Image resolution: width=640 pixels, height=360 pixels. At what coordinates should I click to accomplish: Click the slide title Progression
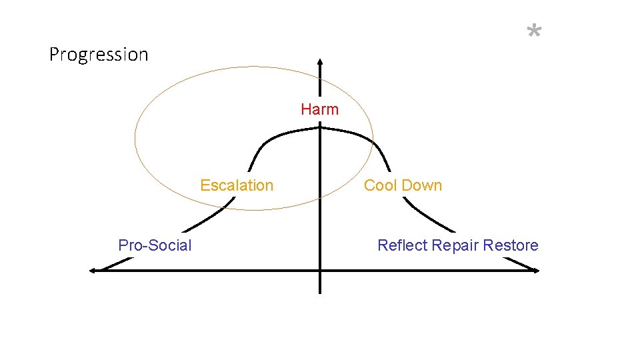(99, 54)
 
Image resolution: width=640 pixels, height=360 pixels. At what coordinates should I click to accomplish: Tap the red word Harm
(319, 109)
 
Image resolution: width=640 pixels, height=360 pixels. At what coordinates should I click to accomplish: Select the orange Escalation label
(237, 185)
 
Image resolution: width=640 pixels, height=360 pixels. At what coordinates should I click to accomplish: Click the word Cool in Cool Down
(380, 185)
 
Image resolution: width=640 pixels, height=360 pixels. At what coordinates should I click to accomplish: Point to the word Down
(421, 185)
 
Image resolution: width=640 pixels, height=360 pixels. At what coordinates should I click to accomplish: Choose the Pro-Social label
(155, 245)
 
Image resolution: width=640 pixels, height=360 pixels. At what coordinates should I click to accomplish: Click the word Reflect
(402, 245)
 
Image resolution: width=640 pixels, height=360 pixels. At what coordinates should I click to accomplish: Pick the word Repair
(454, 245)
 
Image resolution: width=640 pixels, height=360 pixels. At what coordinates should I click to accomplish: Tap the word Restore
(511, 245)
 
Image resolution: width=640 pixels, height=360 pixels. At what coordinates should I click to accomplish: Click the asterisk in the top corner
(534, 31)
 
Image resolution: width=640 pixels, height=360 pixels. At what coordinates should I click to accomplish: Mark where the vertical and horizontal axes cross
(320, 270)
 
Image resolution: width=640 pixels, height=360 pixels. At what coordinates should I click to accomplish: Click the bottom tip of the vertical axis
(320, 292)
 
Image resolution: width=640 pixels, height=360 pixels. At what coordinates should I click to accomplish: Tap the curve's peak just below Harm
(320, 132)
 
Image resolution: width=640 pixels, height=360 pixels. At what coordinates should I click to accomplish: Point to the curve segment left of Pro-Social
(113, 263)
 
